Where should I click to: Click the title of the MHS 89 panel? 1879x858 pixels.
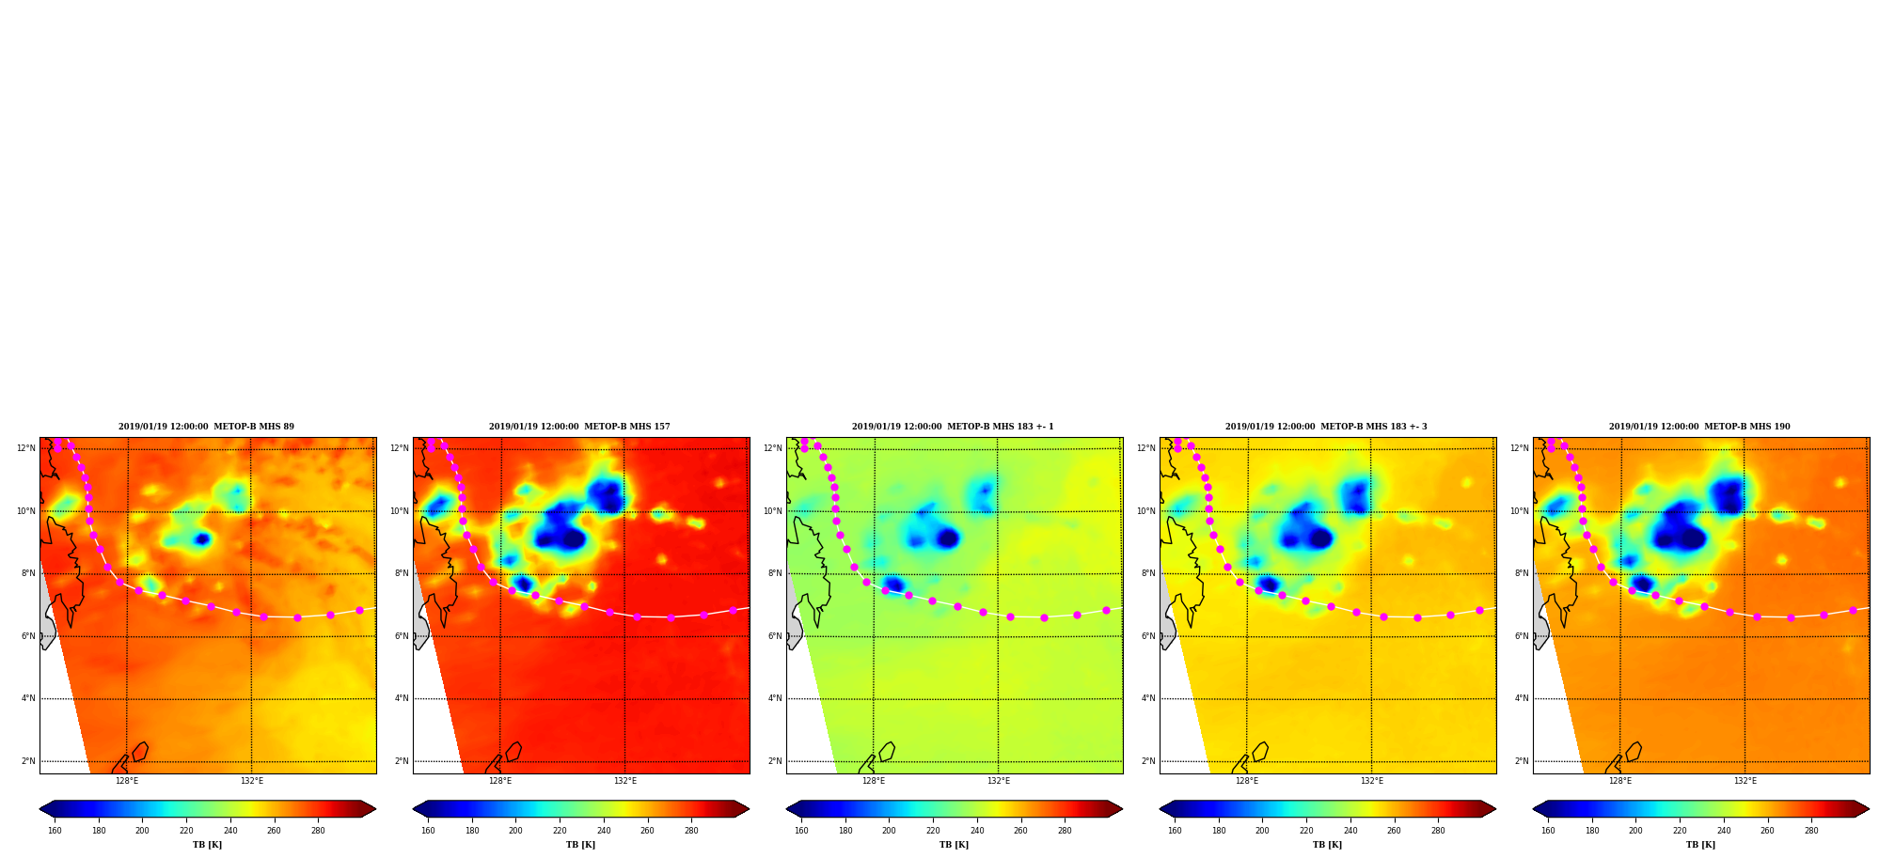[x=206, y=427]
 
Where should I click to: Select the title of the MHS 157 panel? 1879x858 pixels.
[x=579, y=427]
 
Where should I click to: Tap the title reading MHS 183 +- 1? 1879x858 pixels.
[x=953, y=427]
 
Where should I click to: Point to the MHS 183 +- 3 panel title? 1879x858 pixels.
[x=1326, y=427]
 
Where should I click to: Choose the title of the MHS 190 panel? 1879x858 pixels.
[x=1699, y=427]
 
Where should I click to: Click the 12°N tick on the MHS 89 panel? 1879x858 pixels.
[x=25, y=448]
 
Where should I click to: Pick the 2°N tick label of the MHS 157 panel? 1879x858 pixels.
[x=402, y=761]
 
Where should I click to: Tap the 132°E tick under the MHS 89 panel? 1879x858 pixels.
[x=251, y=781]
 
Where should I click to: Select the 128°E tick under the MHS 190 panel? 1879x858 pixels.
[x=1620, y=781]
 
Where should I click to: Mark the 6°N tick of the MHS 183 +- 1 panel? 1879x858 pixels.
[x=775, y=636]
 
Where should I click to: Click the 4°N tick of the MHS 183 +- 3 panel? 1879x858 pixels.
[x=1148, y=698]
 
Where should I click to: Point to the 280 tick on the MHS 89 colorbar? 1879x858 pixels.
[x=318, y=831]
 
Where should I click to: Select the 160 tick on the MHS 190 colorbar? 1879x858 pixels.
[x=1548, y=831]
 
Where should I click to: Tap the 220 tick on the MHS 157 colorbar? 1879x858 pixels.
[x=560, y=831]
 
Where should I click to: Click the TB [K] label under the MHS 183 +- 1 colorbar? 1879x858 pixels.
[x=954, y=845]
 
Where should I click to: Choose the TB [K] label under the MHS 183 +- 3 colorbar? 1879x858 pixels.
[x=1327, y=845]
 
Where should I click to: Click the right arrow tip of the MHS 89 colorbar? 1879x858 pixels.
[x=375, y=809]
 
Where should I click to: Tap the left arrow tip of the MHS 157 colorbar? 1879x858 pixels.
[x=413, y=809]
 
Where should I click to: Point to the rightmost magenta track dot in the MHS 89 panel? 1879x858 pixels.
[x=359, y=610]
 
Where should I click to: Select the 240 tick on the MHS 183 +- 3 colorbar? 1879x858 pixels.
[x=1350, y=831]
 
